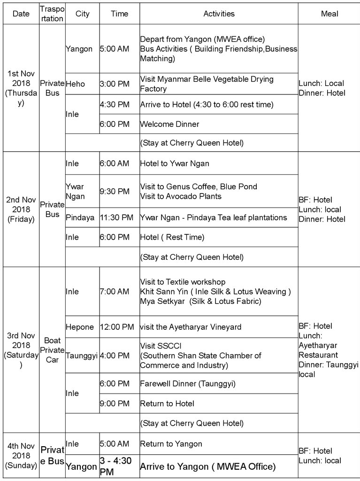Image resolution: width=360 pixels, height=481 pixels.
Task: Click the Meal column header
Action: [x=329, y=14]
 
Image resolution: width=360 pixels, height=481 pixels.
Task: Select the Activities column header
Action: [x=219, y=14]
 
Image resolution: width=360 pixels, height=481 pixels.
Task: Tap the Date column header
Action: [x=21, y=14]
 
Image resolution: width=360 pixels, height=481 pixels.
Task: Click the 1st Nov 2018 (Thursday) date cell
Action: [x=21, y=88]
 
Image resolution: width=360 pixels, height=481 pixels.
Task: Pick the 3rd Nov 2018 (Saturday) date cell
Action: [x=21, y=349]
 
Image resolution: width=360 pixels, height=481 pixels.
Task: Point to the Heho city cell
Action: [x=76, y=84]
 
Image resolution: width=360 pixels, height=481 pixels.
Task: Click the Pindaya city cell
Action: [x=80, y=217]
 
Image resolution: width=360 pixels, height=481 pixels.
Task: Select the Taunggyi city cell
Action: [x=82, y=356]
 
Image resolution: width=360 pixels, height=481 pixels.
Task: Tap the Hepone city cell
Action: [x=80, y=327]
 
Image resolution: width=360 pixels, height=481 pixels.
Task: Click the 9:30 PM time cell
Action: [x=115, y=191]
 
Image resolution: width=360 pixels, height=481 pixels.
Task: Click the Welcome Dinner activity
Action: [x=169, y=124]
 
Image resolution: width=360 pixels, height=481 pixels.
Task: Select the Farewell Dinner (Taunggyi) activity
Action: [x=188, y=384]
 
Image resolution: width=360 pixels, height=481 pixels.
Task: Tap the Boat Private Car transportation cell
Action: [x=52, y=349]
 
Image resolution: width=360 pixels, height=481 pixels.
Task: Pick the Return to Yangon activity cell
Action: [x=171, y=444]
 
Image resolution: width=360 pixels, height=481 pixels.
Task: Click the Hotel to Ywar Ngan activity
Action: [x=175, y=163]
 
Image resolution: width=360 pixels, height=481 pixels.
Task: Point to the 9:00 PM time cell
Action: [x=115, y=403]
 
